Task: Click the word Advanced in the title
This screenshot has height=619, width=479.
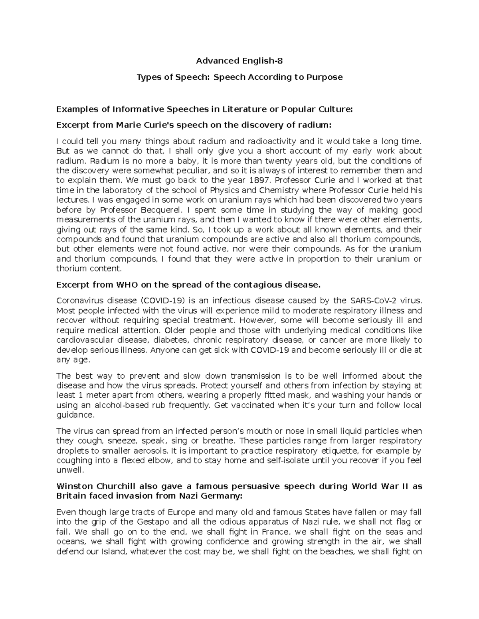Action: (x=213, y=61)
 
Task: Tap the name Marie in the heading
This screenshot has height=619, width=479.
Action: (x=128, y=125)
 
